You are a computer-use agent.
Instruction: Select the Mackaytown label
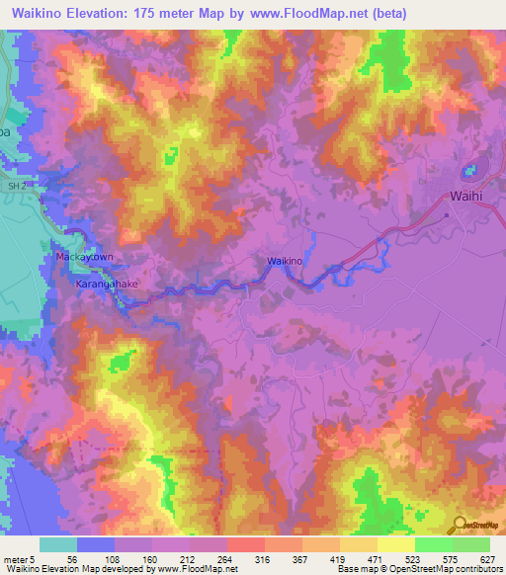point(79,256)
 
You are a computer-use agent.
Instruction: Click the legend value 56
point(72,558)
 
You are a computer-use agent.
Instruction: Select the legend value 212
point(187,558)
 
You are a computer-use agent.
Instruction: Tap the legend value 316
point(264,558)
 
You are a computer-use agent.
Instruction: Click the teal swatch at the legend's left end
point(58,544)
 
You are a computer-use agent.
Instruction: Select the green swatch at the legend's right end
point(471,544)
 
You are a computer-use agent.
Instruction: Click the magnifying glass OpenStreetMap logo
point(462,525)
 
